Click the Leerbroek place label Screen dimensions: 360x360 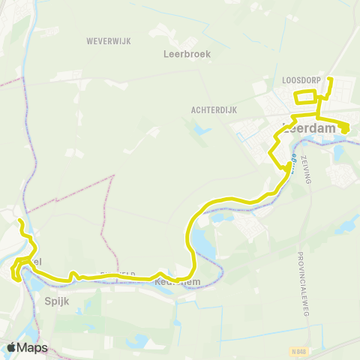187,54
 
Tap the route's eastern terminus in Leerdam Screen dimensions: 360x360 345,130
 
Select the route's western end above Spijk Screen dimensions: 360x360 20,221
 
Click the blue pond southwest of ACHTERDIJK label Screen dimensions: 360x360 201,129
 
